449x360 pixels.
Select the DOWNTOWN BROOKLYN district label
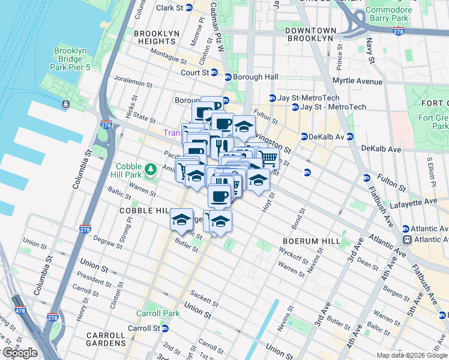(310, 34)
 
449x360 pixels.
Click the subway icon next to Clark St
(189, 8)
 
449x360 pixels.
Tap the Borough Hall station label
(255, 77)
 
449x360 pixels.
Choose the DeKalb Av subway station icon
(305, 136)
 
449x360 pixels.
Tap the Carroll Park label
(158, 313)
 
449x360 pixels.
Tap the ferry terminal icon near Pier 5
(65, 104)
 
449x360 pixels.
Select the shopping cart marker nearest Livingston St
(268, 158)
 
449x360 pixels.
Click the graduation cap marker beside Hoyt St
(258, 179)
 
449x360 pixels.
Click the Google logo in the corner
(19, 353)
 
